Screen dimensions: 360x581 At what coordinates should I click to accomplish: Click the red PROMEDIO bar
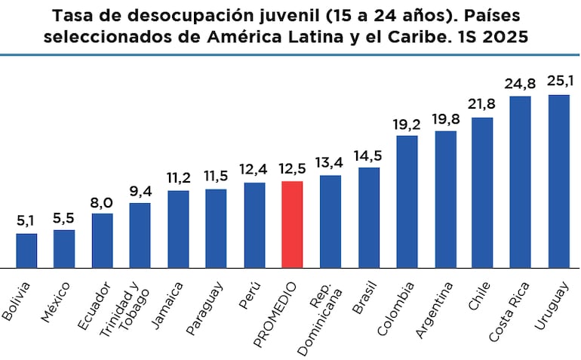[x=292, y=224]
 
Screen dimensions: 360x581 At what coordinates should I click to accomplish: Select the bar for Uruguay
[x=558, y=181]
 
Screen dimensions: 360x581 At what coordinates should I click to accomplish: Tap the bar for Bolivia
[x=26, y=251]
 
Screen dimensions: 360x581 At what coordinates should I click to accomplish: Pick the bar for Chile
[x=482, y=192]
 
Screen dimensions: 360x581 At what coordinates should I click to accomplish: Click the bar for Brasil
[x=368, y=217]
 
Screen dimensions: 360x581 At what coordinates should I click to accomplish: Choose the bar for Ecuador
[x=103, y=240]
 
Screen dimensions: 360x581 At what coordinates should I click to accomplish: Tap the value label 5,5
[x=64, y=218]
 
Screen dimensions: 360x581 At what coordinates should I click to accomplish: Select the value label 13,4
[x=330, y=163]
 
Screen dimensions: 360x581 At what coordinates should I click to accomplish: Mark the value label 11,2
[x=178, y=178]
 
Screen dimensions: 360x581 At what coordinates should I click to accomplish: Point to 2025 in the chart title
[x=506, y=36]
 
